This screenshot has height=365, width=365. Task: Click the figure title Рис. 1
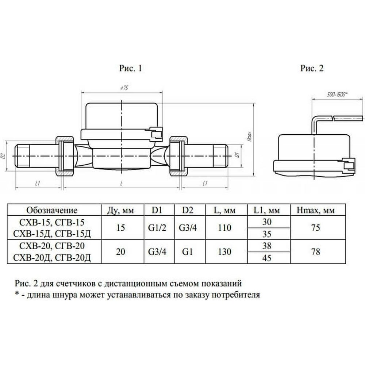(130, 68)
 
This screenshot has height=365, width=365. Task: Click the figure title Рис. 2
(312, 68)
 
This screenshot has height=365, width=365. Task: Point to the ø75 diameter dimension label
(124, 88)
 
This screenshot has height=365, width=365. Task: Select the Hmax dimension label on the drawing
(249, 137)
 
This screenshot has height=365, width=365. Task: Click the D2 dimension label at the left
(3, 156)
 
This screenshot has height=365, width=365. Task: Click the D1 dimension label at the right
(237, 155)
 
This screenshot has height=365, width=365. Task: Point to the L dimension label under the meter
(121, 184)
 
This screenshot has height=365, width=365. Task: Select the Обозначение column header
(52, 210)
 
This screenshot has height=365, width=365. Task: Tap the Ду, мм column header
(120, 211)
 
